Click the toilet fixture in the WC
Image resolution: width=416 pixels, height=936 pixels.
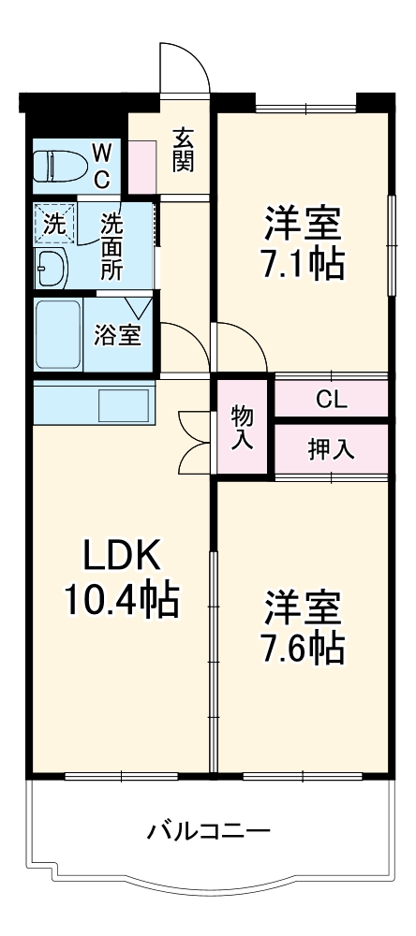[x=60, y=166]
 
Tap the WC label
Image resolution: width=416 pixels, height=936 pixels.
[x=102, y=167]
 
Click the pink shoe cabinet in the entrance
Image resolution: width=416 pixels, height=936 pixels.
[x=142, y=168]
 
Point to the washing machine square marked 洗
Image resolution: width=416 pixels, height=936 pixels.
[x=55, y=224]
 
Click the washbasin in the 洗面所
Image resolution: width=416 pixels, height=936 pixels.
[x=52, y=268]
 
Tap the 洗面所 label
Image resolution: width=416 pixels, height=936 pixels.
[x=111, y=246]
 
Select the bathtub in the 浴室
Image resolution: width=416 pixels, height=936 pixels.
[x=59, y=335]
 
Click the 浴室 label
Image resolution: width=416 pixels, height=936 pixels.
[x=117, y=336]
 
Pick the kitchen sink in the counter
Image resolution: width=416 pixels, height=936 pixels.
[x=124, y=405]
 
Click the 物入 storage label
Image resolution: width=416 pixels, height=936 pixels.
[x=243, y=427]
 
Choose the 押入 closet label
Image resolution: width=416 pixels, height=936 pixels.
[x=331, y=449]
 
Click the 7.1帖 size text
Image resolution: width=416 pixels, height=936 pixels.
[x=303, y=264]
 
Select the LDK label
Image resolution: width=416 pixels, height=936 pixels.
[x=122, y=556]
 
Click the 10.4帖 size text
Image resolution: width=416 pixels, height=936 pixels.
[x=122, y=600]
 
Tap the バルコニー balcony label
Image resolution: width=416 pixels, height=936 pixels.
[x=209, y=831]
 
